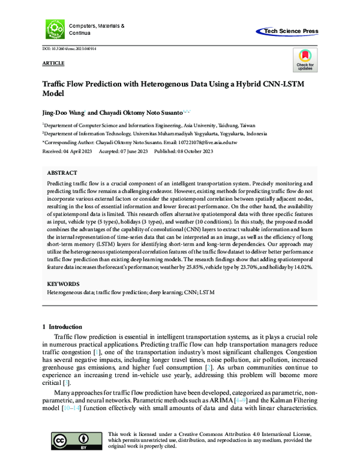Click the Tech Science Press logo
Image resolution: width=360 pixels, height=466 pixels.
[289, 31]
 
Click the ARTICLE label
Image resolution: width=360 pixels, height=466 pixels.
[53, 63]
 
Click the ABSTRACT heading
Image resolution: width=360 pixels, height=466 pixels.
[61, 171]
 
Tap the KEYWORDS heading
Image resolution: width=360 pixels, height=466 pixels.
[62, 282]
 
